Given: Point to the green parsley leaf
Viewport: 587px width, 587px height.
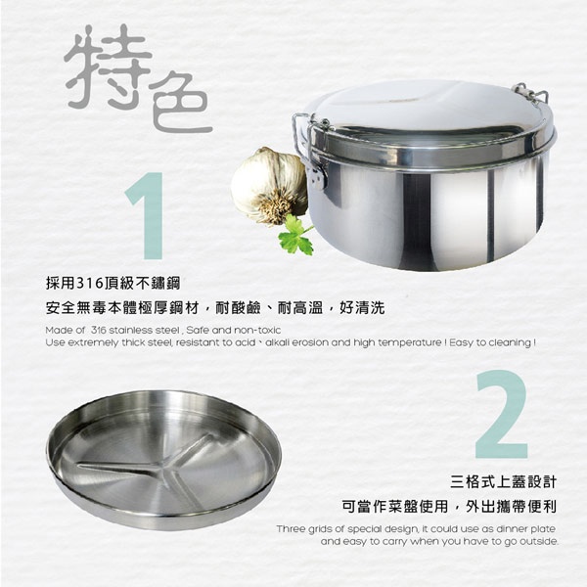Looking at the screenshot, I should point(294,235).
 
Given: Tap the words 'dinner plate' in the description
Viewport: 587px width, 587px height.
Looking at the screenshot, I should point(529,528).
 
